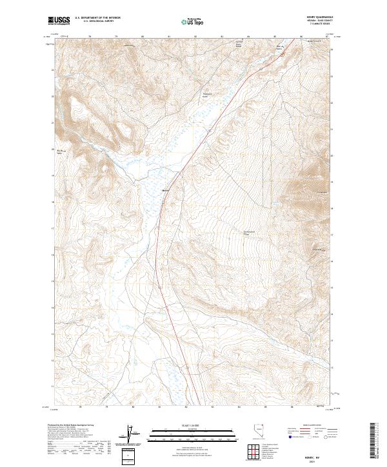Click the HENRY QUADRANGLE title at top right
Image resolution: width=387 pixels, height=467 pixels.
[x=316, y=19]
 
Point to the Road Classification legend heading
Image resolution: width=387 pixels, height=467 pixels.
[x=311, y=427]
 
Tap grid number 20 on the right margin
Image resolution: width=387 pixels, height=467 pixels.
[x=332, y=155]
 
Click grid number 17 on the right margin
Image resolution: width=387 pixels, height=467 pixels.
[x=332, y=236]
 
